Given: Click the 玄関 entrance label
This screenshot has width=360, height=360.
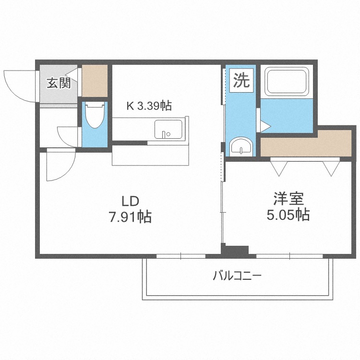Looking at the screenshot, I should (x=58, y=83).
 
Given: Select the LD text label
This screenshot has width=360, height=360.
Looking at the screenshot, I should (x=131, y=201).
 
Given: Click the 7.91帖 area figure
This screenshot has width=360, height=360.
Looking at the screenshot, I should (x=130, y=217).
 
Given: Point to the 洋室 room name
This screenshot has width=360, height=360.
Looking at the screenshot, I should (x=288, y=197).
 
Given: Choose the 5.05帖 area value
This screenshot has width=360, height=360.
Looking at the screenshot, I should (x=288, y=214).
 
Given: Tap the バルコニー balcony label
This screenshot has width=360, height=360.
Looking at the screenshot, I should (x=236, y=276).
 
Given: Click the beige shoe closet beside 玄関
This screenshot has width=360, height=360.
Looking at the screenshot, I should (x=95, y=80).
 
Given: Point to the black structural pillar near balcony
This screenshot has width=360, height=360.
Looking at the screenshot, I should (x=235, y=251).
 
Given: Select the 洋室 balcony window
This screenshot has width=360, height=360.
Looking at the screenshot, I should (x=290, y=255).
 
